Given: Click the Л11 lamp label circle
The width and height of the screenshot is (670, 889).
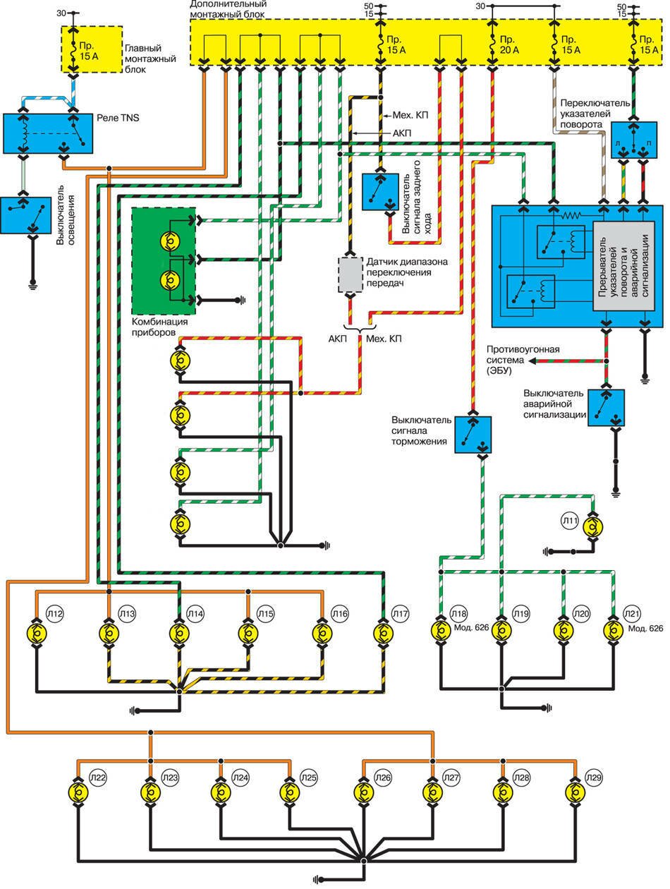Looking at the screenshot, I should click(570, 522).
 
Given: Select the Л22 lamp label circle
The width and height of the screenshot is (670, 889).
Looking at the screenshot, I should click(97, 778).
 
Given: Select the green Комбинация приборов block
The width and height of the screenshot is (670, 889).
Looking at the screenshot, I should click(163, 261).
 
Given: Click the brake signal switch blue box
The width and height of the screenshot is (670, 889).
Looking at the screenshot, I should click(473, 434).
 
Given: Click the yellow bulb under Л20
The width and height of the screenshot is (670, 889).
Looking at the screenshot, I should click(563, 629).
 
